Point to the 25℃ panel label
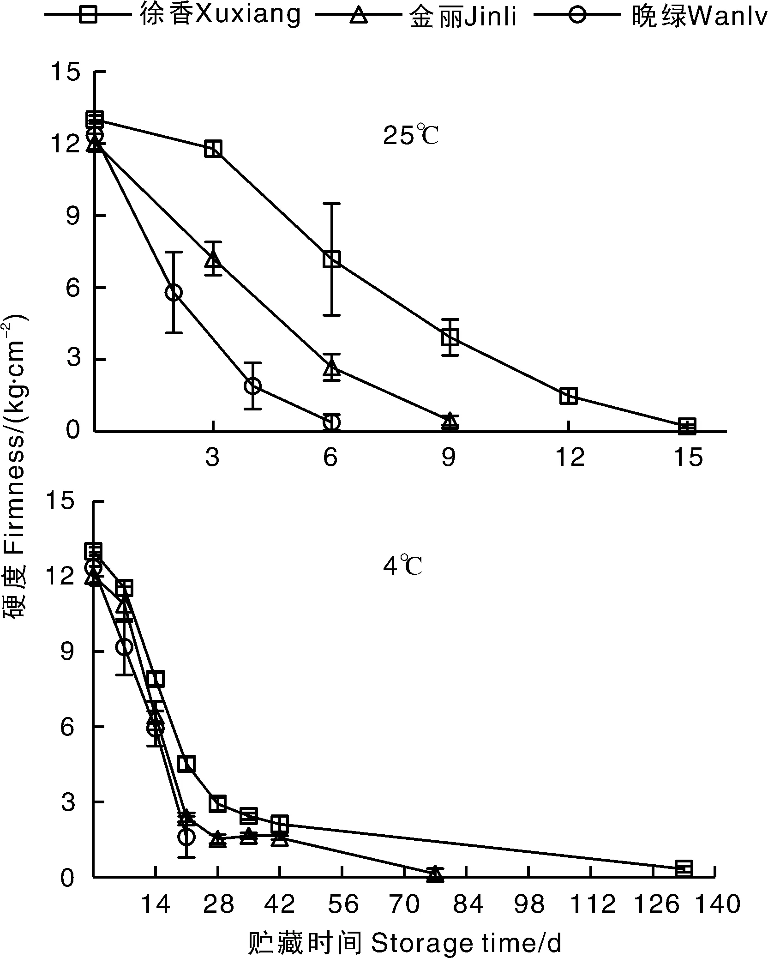click(410, 136)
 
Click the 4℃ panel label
click(402, 566)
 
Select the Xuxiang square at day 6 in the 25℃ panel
click(332, 259)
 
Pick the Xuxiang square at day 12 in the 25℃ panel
click(568, 396)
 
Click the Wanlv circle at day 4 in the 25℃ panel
click(252, 386)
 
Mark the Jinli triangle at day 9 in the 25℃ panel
click(450, 421)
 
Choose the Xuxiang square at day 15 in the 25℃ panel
click(687, 426)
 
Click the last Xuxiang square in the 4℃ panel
click(684, 868)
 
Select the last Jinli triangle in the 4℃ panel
click(435, 874)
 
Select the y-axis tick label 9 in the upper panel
click(73, 216)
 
